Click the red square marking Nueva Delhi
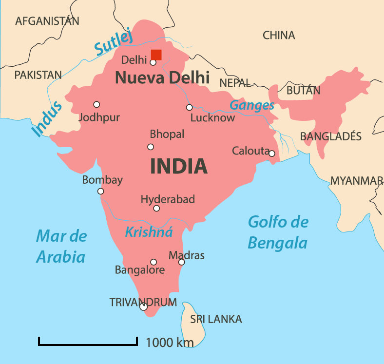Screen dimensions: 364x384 tap(156, 55)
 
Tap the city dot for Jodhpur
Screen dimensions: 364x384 tap(96, 104)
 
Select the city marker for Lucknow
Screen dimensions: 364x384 tap(189, 107)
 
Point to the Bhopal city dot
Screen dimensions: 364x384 tap(151, 147)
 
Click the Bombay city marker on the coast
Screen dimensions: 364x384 tap(100, 191)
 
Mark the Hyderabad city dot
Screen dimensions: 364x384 tap(156, 208)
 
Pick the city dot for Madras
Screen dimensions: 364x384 tap(181, 262)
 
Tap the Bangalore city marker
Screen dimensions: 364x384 tap(154, 262)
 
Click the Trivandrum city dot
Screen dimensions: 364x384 tap(143, 307)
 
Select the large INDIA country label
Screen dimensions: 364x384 tap(179, 167)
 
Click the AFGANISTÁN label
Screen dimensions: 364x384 tap(47, 21)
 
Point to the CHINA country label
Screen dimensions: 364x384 tap(279, 35)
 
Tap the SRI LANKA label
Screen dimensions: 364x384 tap(216, 319)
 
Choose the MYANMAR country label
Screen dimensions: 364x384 tap(356, 181)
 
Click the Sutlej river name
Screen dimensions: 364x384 tap(114, 41)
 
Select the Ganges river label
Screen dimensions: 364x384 tap(252, 105)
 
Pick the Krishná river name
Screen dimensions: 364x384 tap(149, 232)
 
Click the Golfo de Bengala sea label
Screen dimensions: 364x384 tap(278, 232)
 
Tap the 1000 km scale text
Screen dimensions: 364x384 tap(170, 343)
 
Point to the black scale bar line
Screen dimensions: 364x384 tap(88, 345)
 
